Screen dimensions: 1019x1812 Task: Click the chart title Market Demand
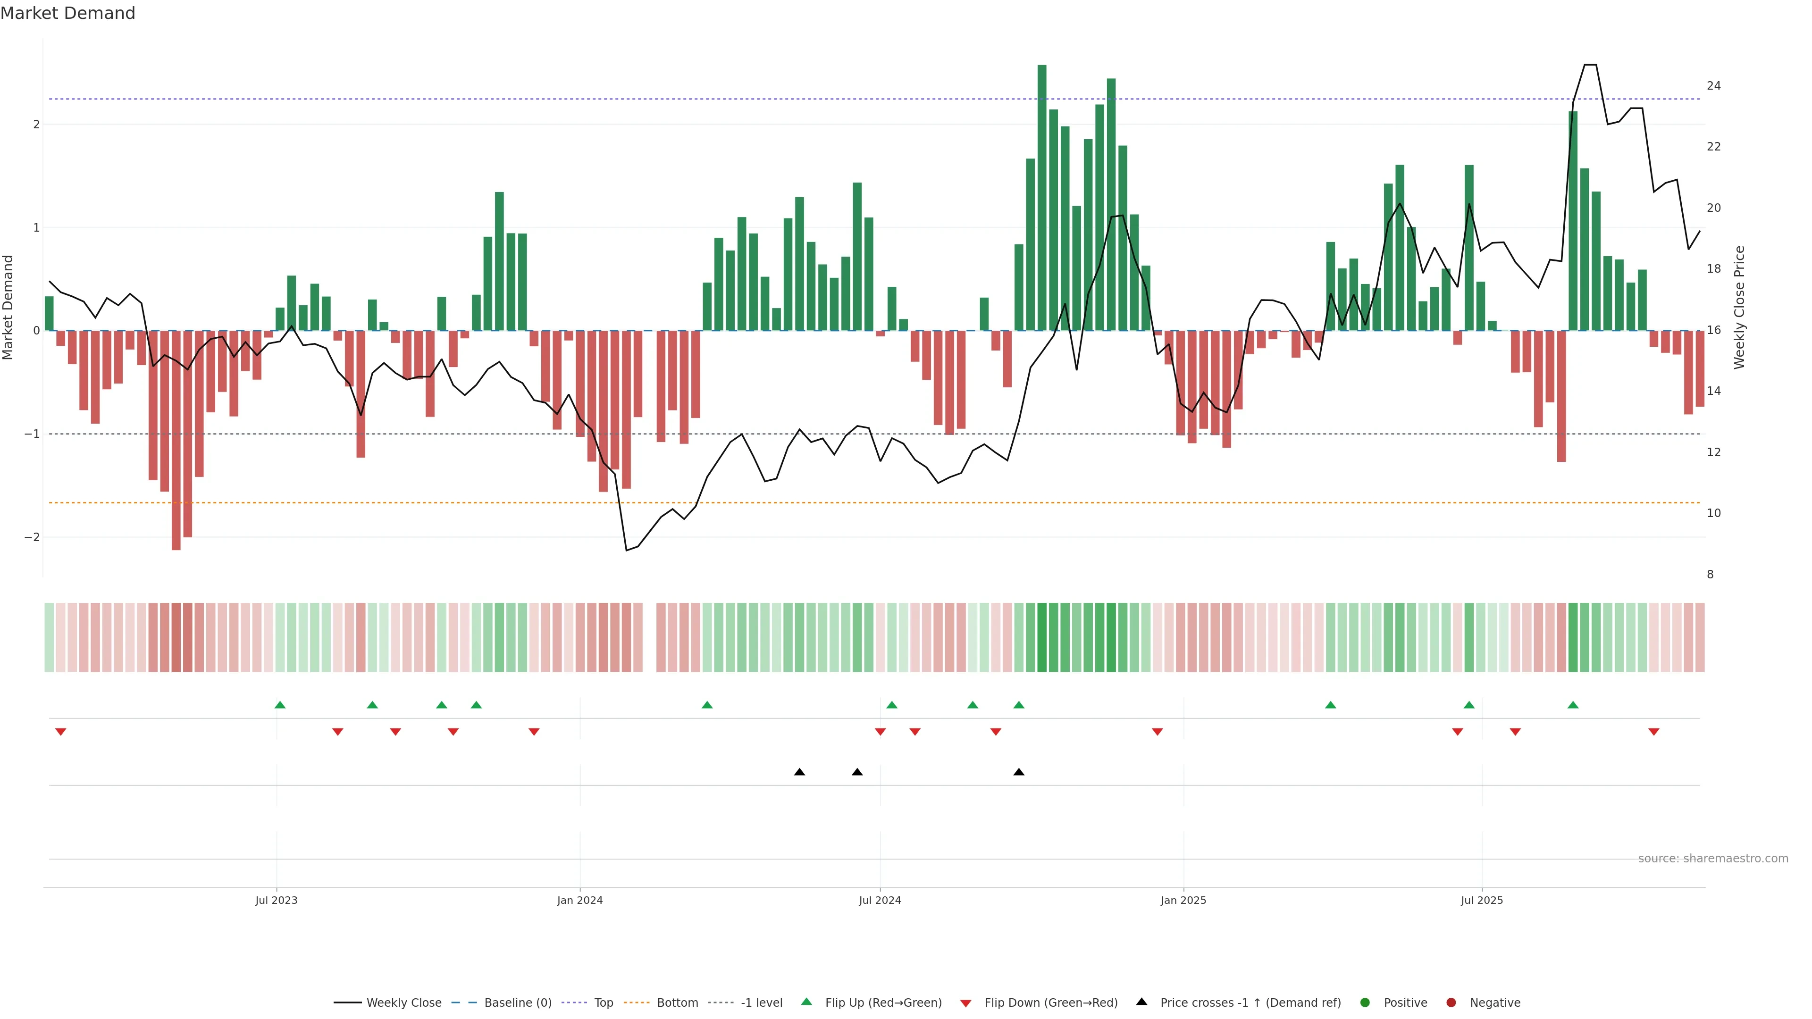(x=67, y=13)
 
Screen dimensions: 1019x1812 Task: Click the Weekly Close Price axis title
(x=1739, y=307)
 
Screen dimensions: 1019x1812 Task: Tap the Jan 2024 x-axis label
(x=579, y=900)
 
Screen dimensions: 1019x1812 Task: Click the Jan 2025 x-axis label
(x=1183, y=900)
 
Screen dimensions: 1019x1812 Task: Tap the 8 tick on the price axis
(x=1710, y=575)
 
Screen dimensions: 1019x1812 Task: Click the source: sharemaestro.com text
(x=1713, y=859)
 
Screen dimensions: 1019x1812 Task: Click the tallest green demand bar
(x=1042, y=197)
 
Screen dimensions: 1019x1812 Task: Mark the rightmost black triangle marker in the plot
(x=1019, y=772)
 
